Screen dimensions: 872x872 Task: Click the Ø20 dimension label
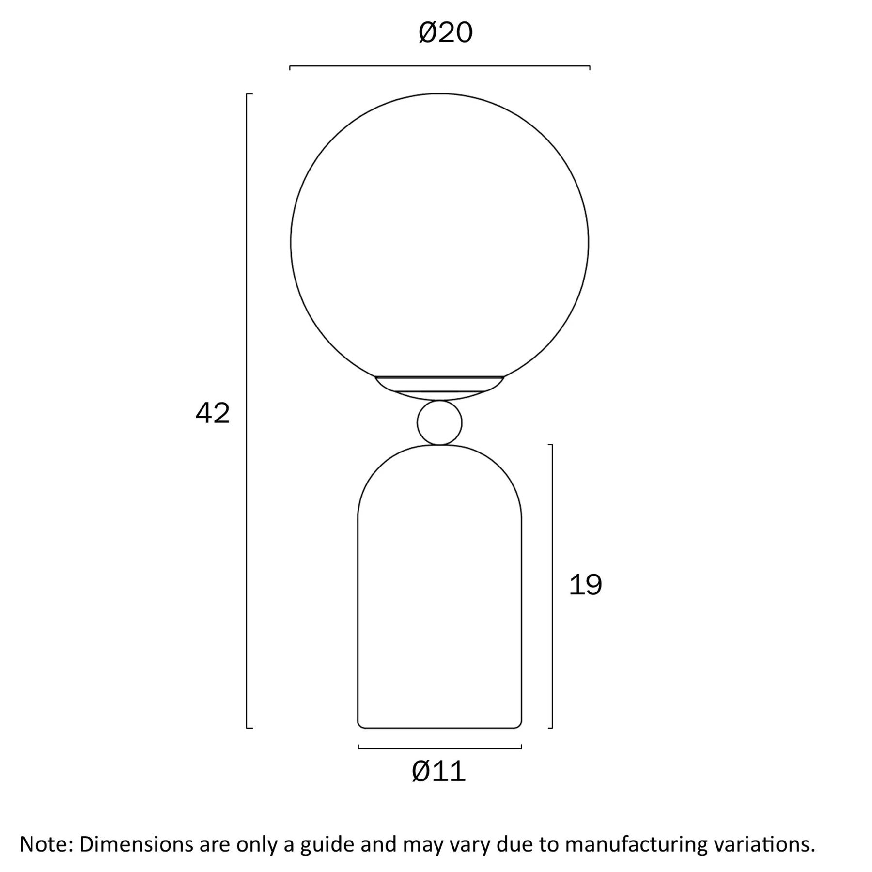point(445,33)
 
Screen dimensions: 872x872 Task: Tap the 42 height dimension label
point(212,414)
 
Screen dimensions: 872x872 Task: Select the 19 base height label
point(585,585)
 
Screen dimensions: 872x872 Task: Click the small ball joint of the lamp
point(439,422)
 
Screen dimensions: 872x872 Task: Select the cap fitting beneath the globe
point(439,388)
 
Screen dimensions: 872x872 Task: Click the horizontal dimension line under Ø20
point(439,66)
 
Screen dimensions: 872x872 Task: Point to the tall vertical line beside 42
point(247,411)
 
